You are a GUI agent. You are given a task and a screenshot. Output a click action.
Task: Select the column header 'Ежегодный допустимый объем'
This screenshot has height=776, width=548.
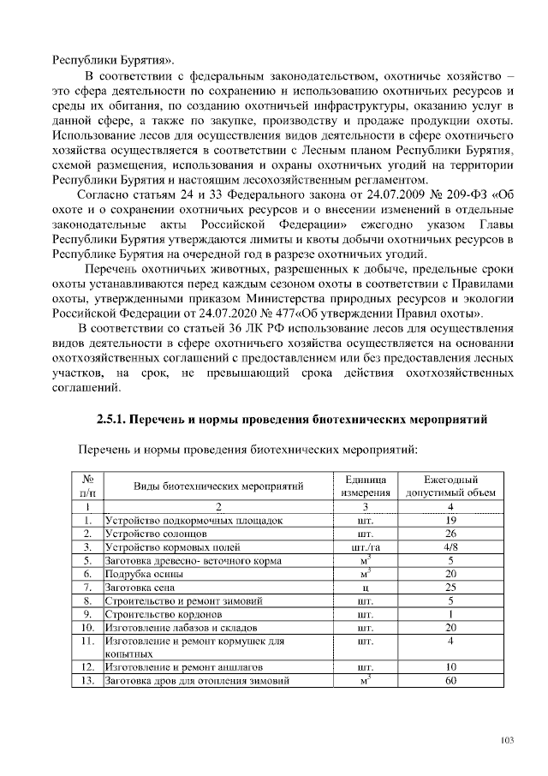[450, 486]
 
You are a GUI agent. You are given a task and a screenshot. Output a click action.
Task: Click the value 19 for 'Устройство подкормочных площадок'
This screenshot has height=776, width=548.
[450, 520]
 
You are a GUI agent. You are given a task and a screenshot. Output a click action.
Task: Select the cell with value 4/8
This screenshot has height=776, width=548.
[450, 546]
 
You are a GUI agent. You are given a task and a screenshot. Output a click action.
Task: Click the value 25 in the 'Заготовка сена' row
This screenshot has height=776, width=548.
[450, 587]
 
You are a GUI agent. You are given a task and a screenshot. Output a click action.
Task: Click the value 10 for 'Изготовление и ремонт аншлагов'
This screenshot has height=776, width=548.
[450, 667]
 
